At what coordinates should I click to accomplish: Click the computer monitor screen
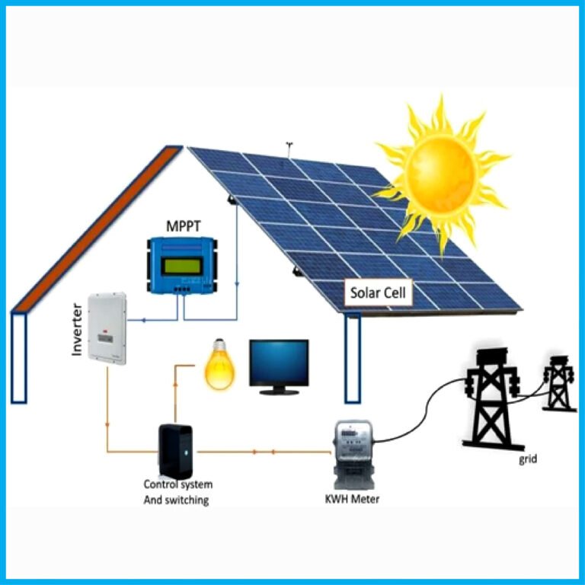[x=280, y=362]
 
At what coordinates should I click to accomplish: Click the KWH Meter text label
[x=352, y=500]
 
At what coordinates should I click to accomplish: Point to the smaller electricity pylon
[x=558, y=382]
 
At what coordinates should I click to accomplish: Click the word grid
[x=529, y=459]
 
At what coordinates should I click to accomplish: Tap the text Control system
[x=178, y=484]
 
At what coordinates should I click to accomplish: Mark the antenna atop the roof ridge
[x=289, y=145]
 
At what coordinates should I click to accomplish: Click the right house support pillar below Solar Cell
[x=352, y=357]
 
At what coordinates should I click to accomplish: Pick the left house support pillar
[x=19, y=357]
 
